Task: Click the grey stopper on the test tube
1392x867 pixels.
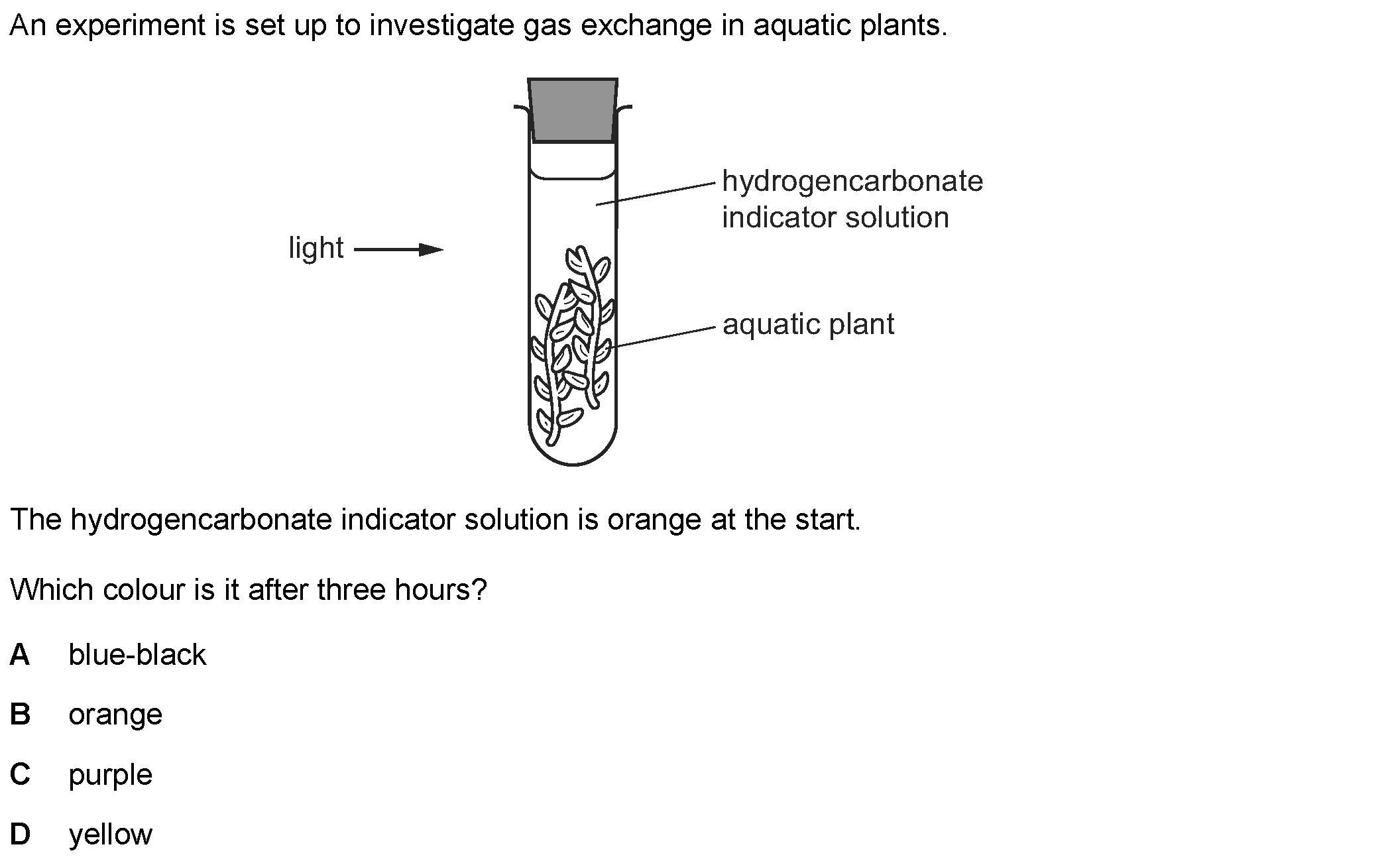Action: (573, 111)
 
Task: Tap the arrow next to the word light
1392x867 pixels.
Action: (398, 250)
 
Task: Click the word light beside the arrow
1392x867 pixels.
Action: (316, 249)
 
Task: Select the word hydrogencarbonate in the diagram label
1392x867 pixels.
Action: (852, 181)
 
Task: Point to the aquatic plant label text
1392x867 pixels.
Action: (808, 325)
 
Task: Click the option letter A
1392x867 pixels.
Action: (20, 655)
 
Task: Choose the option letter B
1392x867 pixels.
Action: (20, 715)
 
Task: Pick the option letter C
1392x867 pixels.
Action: (20, 774)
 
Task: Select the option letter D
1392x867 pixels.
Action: (20, 834)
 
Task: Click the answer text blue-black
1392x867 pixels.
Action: (137, 655)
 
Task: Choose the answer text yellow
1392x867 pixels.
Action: (110, 835)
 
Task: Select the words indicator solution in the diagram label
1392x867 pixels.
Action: (835, 217)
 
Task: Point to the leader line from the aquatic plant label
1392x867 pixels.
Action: (663, 337)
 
